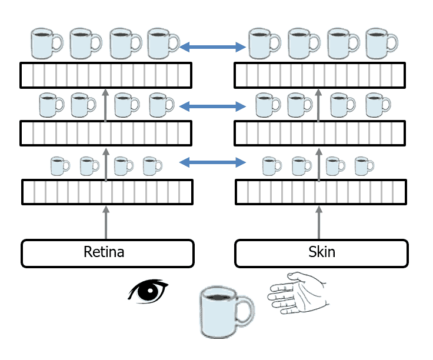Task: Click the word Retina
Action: (104, 252)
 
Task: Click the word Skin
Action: (321, 252)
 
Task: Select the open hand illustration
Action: (297, 292)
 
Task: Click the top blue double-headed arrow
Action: (212, 46)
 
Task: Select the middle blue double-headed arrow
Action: (212, 106)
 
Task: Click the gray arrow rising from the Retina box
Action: (106, 221)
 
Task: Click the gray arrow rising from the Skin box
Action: (319, 221)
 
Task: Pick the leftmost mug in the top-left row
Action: (45, 44)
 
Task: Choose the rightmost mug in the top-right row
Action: (381, 44)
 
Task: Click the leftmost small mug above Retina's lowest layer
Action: (58, 166)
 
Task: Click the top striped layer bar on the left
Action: (106, 74)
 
